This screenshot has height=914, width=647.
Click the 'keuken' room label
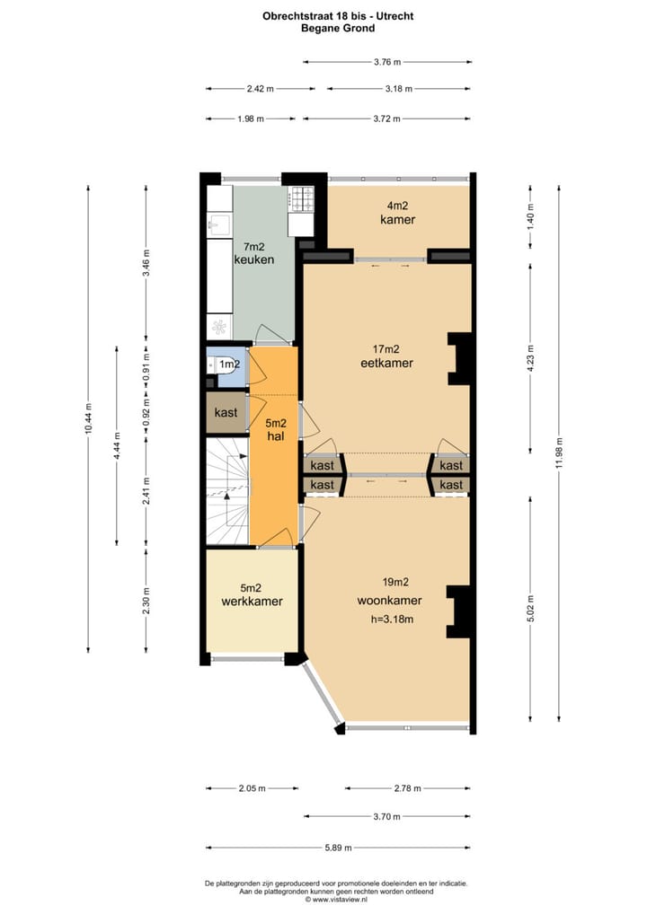[253, 259]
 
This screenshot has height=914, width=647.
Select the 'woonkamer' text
[389, 601]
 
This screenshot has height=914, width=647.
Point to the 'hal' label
[276, 435]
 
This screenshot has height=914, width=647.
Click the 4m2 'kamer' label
[397, 220]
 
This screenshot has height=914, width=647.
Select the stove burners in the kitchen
[301, 195]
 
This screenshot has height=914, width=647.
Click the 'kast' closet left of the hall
[226, 413]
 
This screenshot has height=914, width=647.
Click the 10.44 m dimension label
[88, 417]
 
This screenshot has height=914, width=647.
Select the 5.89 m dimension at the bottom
[338, 848]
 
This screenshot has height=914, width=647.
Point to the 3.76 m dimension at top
[386, 62]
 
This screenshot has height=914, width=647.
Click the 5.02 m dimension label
[530, 602]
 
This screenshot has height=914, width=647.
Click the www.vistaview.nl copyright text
[338, 899]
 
